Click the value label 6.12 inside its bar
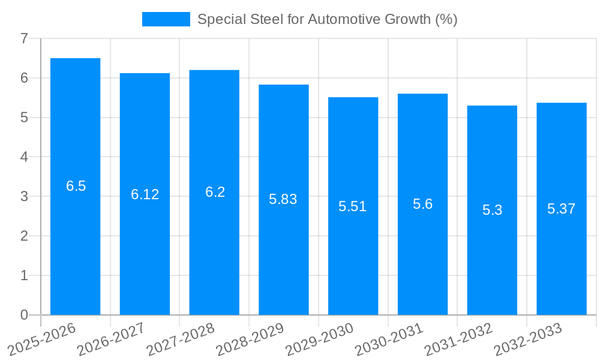click(x=145, y=194)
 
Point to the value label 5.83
click(x=283, y=200)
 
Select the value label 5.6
click(x=422, y=204)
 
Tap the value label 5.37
click(x=561, y=209)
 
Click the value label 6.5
click(x=76, y=186)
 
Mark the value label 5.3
click(x=492, y=210)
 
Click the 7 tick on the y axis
click(x=24, y=39)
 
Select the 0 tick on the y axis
click(x=24, y=315)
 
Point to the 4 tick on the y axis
click(x=24, y=157)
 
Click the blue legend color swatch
click(x=166, y=19)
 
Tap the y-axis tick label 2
click(x=24, y=236)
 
